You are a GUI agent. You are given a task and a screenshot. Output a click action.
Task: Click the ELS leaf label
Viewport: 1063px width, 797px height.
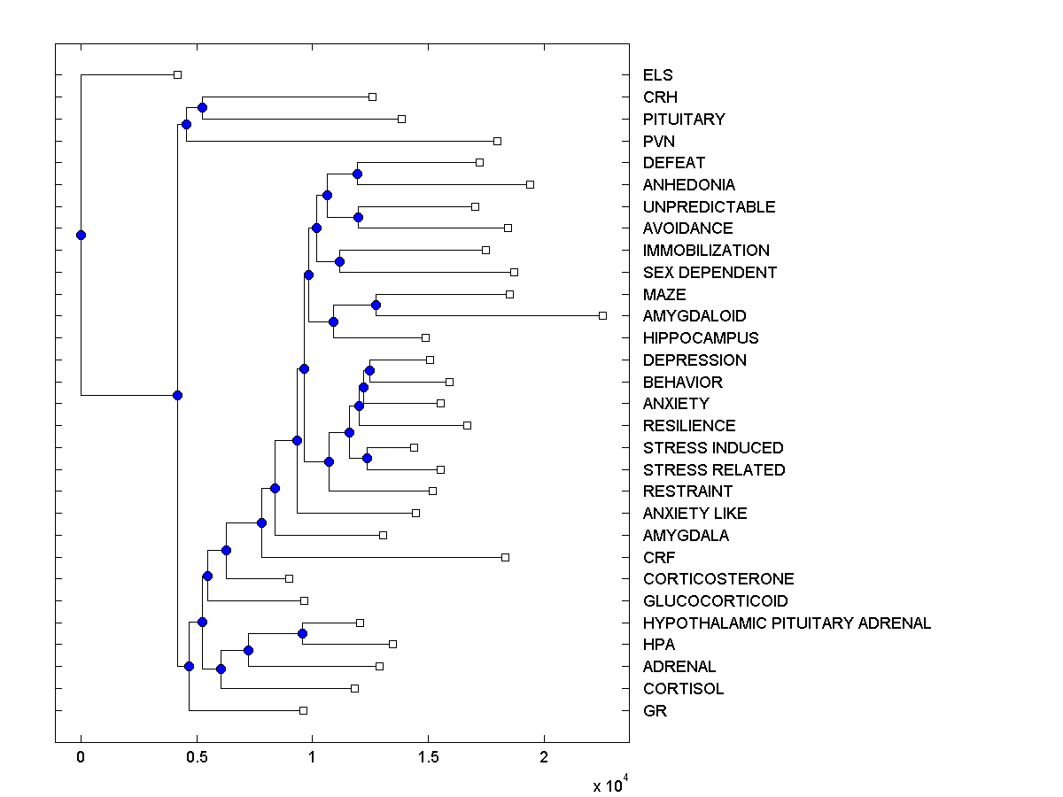click(658, 75)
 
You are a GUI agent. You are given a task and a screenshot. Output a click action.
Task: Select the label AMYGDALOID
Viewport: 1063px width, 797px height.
click(694, 316)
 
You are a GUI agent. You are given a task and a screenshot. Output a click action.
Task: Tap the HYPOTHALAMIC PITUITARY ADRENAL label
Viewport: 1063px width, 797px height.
click(787, 623)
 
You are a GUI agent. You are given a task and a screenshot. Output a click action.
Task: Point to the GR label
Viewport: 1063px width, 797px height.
click(655, 711)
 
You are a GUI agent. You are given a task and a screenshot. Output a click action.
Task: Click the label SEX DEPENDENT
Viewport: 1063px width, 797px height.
click(710, 273)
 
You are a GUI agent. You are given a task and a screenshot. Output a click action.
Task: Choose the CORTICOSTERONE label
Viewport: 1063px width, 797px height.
click(718, 579)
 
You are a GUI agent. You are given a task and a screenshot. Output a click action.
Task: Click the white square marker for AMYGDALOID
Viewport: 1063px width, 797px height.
click(602, 315)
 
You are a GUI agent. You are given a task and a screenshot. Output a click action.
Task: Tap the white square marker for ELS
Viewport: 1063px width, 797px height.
click(177, 74)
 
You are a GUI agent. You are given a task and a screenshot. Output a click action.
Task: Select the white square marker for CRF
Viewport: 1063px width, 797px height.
click(505, 557)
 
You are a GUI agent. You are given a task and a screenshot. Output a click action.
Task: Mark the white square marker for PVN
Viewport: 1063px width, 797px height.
click(497, 141)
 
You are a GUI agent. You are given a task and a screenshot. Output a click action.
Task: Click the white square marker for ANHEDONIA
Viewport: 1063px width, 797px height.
click(530, 184)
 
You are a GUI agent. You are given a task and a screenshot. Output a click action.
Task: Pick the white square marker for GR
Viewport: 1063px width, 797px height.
click(303, 710)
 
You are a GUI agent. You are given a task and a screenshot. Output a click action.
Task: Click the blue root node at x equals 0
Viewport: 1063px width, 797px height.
click(81, 235)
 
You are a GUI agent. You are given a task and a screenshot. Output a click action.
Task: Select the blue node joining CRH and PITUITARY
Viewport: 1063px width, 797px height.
click(202, 107)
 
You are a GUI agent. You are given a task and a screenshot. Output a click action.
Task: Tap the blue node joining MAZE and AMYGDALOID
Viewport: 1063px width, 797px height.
click(376, 305)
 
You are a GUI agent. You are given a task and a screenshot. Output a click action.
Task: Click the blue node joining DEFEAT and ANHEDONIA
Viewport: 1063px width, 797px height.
click(357, 174)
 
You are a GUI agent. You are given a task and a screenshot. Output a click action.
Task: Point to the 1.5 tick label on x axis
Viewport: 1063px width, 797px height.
click(428, 757)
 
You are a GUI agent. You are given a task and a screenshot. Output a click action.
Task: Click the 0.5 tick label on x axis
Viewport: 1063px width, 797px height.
click(197, 757)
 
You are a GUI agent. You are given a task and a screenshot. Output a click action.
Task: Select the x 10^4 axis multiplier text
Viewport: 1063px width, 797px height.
click(610, 785)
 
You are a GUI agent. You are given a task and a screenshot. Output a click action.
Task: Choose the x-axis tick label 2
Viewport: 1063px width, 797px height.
click(544, 757)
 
